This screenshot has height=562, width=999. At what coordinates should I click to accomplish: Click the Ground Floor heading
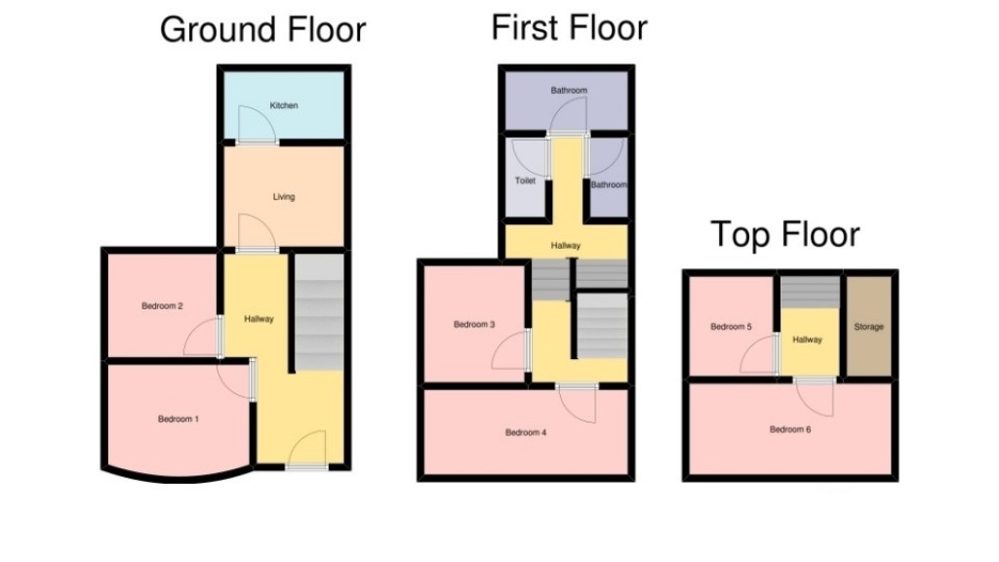click(x=262, y=29)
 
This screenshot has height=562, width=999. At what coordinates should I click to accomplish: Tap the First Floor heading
click(x=569, y=27)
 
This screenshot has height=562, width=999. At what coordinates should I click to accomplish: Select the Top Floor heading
click(x=784, y=235)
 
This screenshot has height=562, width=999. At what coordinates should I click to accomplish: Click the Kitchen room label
click(x=284, y=105)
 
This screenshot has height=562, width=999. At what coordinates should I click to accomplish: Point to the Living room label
click(x=283, y=197)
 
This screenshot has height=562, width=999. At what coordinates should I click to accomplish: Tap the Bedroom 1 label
click(x=179, y=420)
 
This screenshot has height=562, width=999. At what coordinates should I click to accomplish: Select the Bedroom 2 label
click(x=163, y=306)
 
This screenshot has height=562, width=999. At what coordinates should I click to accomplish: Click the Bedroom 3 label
click(x=474, y=325)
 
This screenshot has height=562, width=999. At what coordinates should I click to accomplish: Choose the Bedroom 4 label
click(x=525, y=432)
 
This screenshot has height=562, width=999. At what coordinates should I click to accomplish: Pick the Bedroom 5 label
click(x=731, y=327)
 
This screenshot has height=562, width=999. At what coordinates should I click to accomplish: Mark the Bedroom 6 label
click(x=789, y=429)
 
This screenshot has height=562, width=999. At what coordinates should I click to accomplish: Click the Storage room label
click(x=868, y=327)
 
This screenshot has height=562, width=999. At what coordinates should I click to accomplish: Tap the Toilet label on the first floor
click(x=525, y=181)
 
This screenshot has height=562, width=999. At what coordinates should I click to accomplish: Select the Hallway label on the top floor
click(x=808, y=340)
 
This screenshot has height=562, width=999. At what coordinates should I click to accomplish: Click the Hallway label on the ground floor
click(x=260, y=319)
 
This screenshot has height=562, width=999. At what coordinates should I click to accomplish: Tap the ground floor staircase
click(x=318, y=312)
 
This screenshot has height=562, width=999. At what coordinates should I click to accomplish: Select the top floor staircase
click(x=810, y=291)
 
